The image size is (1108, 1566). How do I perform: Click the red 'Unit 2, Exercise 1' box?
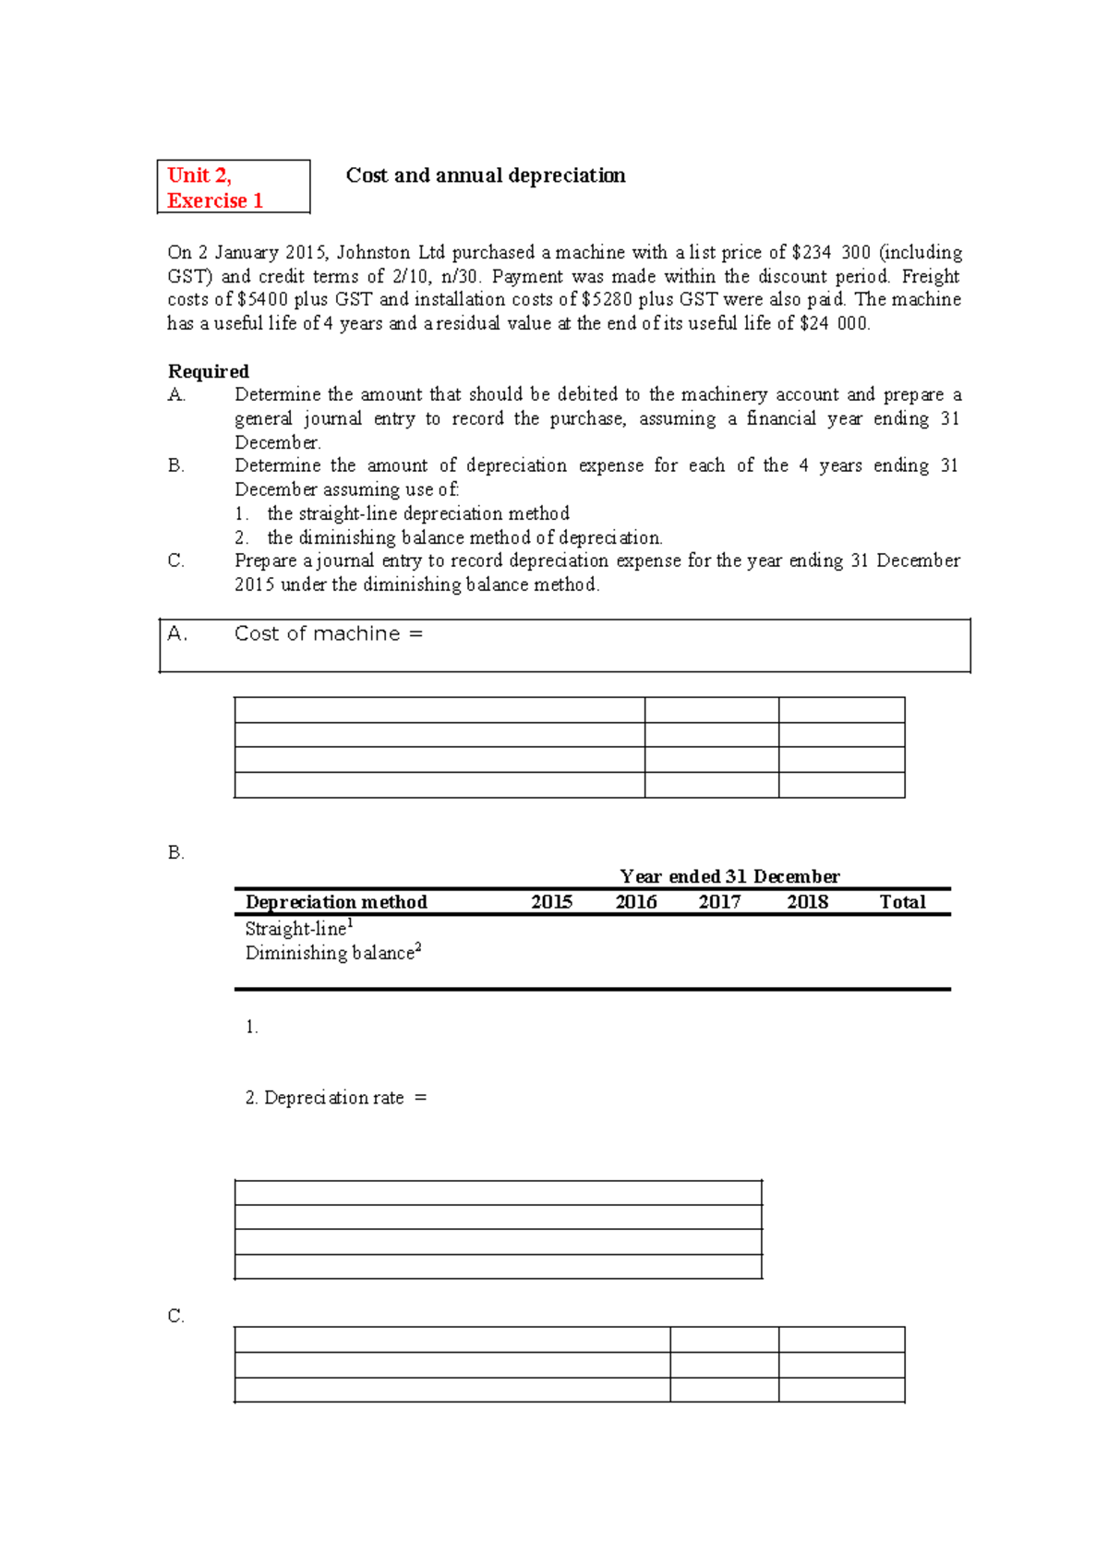[x=233, y=187]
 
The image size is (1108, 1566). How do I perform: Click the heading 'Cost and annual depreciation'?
[x=485, y=175]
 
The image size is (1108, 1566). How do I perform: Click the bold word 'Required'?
[x=208, y=371]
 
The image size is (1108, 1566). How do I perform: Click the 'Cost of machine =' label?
[x=328, y=633]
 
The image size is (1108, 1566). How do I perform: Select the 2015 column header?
[x=551, y=902]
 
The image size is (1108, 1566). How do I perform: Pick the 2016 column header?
[x=636, y=902]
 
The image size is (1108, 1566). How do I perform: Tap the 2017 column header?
[x=719, y=902]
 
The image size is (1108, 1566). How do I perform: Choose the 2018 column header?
[x=807, y=902]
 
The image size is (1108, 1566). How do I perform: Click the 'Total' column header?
[x=902, y=902]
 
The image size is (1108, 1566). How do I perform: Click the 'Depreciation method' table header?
[x=336, y=902]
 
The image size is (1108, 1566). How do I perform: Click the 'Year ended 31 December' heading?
[x=729, y=876]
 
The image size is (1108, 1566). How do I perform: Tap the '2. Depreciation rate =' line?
[x=335, y=1098]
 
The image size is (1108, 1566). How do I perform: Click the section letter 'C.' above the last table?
[x=176, y=1316]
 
